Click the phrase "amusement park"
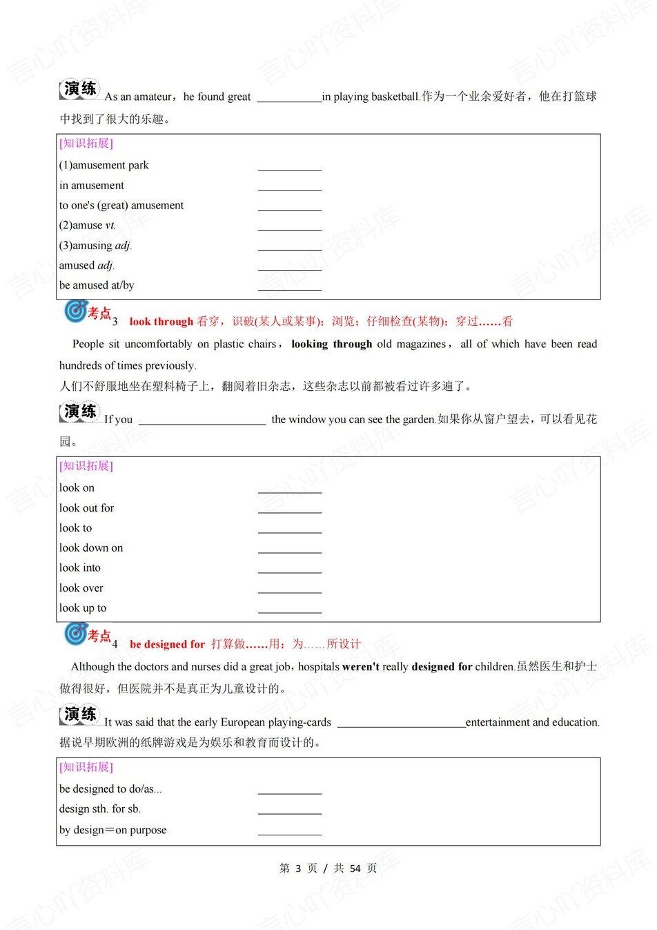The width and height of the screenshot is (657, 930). pos(110,165)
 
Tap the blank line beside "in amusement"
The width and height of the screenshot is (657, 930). pos(289,186)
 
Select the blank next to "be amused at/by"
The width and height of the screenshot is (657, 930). pos(289,287)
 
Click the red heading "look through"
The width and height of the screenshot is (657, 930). pos(161,321)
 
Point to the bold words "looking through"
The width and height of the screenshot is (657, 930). pos(331,344)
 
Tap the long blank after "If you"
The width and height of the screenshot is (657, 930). pos(202,420)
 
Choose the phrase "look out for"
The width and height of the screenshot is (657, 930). pos(86,508)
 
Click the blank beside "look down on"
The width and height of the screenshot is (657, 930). pos(289,550)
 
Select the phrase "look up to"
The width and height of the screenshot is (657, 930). pos(83,608)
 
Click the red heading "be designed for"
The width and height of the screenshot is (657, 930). pos(167,644)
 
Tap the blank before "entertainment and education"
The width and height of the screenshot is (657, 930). pos(401,724)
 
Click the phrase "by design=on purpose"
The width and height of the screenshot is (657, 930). pos(112,830)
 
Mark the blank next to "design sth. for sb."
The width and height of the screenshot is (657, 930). pos(289,811)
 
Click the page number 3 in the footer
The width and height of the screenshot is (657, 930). pos(297,869)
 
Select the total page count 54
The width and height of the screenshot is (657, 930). pos(355,869)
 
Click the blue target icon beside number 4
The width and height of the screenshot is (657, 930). pos(75,633)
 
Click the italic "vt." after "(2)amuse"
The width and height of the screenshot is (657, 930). pos(110,225)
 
